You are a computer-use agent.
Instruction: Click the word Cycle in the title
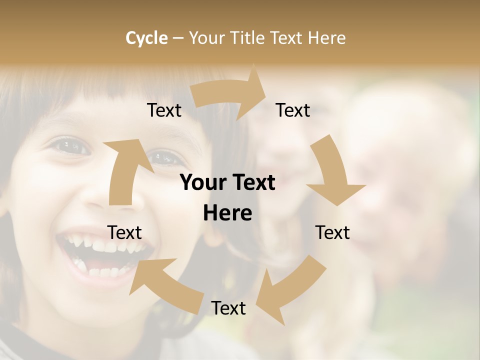pyautogui.click(x=146, y=38)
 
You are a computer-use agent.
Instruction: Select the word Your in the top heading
pyautogui.click(x=207, y=38)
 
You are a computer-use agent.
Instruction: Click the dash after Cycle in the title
pyautogui.click(x=178, y=38)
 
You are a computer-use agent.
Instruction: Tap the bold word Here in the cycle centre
pyautogui.click(x=227, y=213)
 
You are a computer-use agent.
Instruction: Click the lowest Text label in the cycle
pyautogui.click(x=228, y=308)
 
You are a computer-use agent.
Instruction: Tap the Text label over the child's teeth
pyautogui.click(x=124, y=232)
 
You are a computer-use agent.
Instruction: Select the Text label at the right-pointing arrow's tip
pyautogui.click(x=293, y=110)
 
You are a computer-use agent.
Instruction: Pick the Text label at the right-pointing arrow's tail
pyautogui.click(x=164, y=110)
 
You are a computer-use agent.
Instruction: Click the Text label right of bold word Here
pyautogui.click(x=332, y=232)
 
